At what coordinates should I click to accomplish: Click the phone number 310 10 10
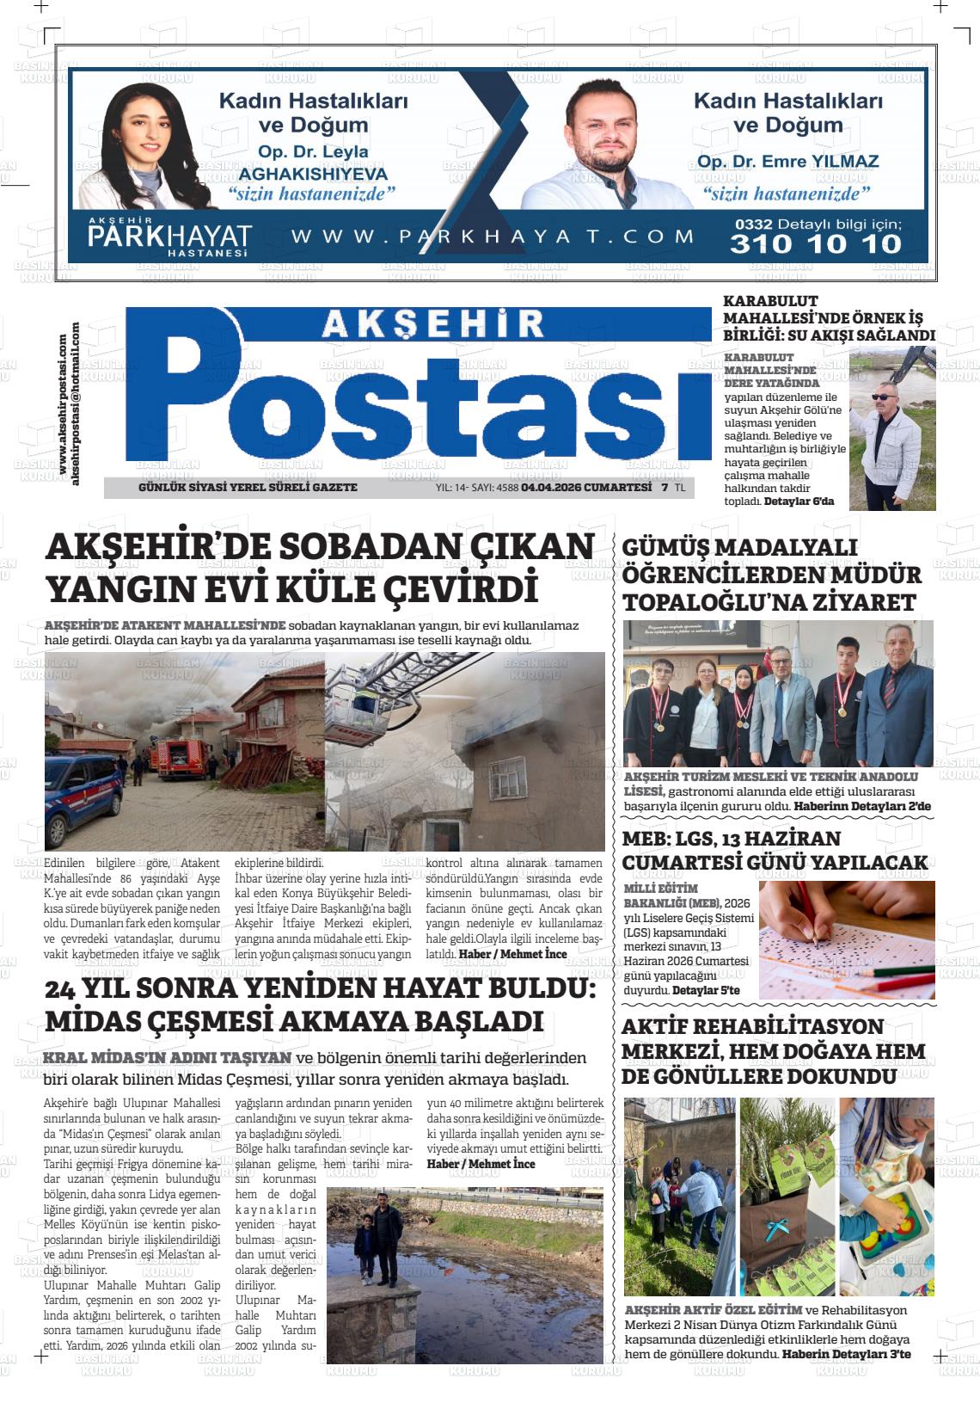(815, 244)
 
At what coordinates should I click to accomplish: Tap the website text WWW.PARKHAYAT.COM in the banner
(493, 237)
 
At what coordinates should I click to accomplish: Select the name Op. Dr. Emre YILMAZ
(787, 162)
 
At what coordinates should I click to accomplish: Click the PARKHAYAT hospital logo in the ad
(169, 236)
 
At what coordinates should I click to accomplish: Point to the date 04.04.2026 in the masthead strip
(550, 488)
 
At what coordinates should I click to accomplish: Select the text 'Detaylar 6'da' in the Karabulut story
(799, 501)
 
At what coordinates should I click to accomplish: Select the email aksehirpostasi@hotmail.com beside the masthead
(76, 403)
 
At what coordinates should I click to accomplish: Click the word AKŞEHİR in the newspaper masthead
(433, 324)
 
